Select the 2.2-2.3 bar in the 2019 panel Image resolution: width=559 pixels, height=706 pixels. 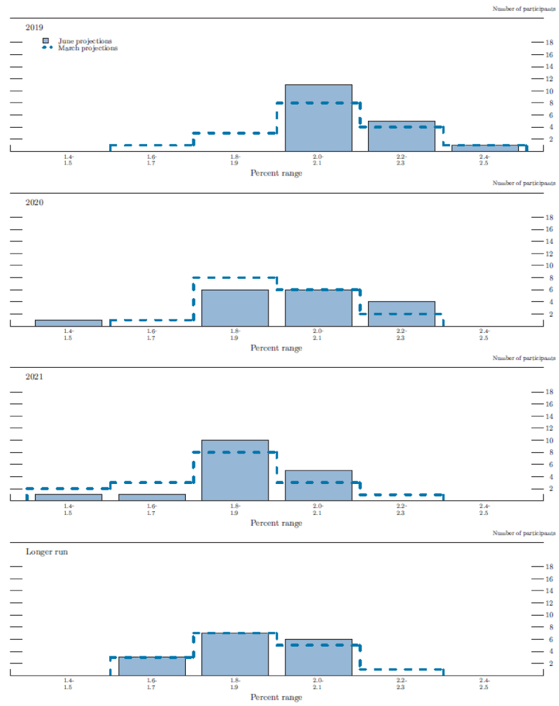click(401, 136)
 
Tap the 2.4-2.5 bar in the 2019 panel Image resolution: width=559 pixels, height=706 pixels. click(485, 148)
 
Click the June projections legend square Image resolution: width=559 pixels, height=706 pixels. click(45, 41)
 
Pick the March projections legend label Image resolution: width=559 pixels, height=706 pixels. click(88, 48)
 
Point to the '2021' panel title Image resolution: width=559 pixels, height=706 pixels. click(34, 377)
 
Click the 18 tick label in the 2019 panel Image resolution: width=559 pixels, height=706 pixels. click(549, 43)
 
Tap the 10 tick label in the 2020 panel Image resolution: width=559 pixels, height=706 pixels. click(549, 265)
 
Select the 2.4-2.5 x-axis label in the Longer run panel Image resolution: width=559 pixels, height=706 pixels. click(483, 683)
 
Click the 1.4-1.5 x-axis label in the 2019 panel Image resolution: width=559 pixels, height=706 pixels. click(68, 159)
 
